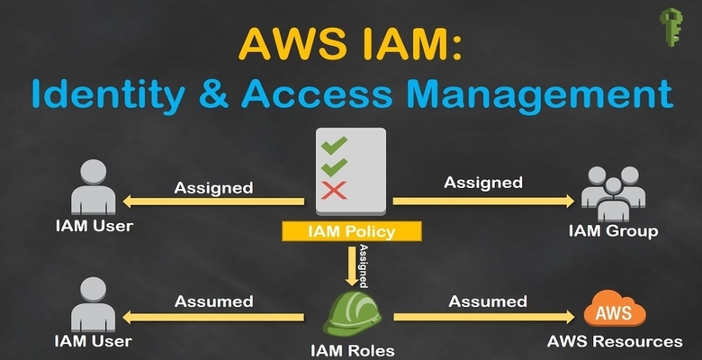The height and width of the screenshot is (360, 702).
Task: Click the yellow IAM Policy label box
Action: [x=351, y=231]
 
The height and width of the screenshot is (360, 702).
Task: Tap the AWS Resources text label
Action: [x=615, y=342]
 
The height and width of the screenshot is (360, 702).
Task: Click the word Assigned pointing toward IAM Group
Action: [x=483, y=183]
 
